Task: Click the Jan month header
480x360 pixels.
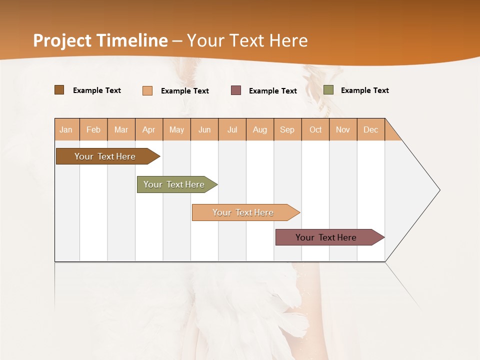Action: pos(66,129)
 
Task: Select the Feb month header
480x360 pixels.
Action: pos(93,129)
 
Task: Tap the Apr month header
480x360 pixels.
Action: pos(148,129)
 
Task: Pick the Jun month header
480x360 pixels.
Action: pos(204,129)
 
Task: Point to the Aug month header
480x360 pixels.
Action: pos(259,129)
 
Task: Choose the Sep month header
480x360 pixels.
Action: pos(287,129)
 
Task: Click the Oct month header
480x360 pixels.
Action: pos(315,129)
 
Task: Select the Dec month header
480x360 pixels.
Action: pos(370,129)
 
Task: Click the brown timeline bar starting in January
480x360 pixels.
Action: pos(105,156)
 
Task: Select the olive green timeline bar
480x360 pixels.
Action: pos(174,184)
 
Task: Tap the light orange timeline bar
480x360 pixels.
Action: pos(243,212)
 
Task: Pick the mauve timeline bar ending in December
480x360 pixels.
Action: pos(326,237)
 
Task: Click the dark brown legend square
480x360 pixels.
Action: pos(59,90)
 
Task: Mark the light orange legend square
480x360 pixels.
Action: pos(147,90)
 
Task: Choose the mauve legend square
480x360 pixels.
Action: pos(236,90)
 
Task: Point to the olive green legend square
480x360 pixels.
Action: pos(328,90)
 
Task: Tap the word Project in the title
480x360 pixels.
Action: pos(63,40)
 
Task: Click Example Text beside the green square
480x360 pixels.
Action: pos(364,90)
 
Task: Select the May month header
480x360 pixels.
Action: pos(176,129)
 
